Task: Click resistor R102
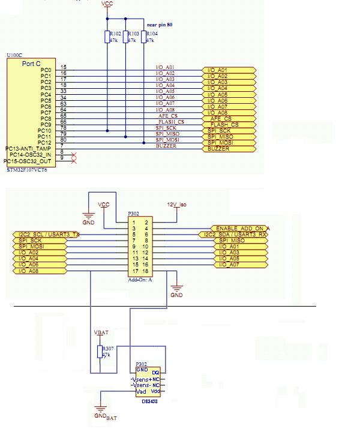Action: pos(107,37)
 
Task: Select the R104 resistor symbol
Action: pos(143,37)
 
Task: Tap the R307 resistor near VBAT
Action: pos(100,352)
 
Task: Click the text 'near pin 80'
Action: pos(164,25)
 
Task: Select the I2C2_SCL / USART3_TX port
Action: pos(46,234)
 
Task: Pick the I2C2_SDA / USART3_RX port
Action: pos(238,234)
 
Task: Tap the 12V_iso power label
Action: pos(178,205)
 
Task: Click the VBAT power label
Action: pos(102,332)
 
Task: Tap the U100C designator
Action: pos(15,55)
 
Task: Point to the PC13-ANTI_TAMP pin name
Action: pos(28,148)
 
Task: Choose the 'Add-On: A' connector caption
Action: pos(139,280)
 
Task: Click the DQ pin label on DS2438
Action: pos(155,373)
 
